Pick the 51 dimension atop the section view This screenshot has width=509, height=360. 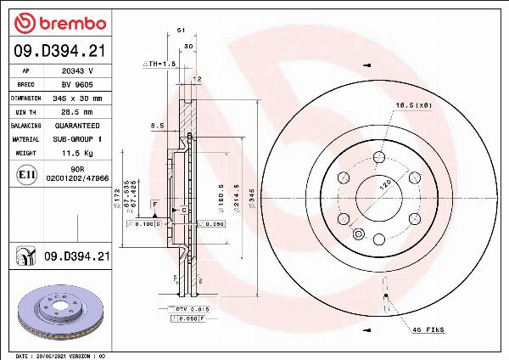pyautogui.click(x=181, y=31)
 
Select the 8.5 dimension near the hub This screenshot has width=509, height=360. pyautogui.click(x=156, y=126)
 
